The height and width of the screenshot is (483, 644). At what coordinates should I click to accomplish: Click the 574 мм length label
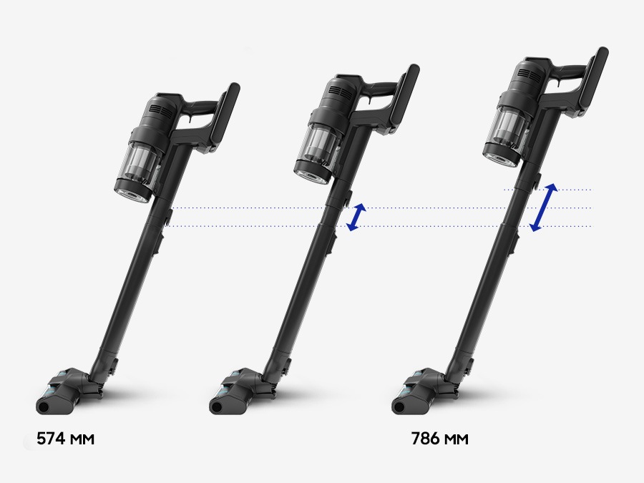point(65,439)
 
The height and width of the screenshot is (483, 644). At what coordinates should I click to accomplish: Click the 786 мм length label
point(439,439)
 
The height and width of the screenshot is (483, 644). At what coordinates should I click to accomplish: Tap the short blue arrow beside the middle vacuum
point(356,217)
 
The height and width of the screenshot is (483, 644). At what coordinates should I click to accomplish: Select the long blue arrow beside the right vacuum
point(543,208)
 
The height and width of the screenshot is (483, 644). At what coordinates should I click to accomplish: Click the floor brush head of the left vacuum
point(68,390)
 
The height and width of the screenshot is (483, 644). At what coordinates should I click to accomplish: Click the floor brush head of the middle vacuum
point(242,390)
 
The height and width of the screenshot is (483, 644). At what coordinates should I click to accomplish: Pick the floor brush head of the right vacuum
point(424,390)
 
